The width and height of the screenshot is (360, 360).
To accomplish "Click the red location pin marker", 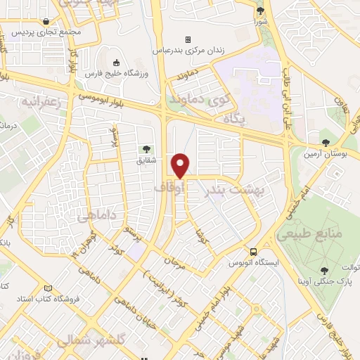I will (181, 165).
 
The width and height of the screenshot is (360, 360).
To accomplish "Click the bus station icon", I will (252, 252).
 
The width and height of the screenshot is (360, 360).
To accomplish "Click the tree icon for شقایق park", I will (146, 148).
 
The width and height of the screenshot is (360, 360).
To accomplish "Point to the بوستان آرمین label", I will (326, 153).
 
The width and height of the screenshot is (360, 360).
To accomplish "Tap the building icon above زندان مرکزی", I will (188, 39).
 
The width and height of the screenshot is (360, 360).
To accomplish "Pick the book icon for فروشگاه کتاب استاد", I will (49, 288).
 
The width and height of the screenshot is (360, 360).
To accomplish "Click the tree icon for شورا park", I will (261, 11).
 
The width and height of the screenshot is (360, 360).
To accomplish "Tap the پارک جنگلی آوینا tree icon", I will (324, 271).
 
